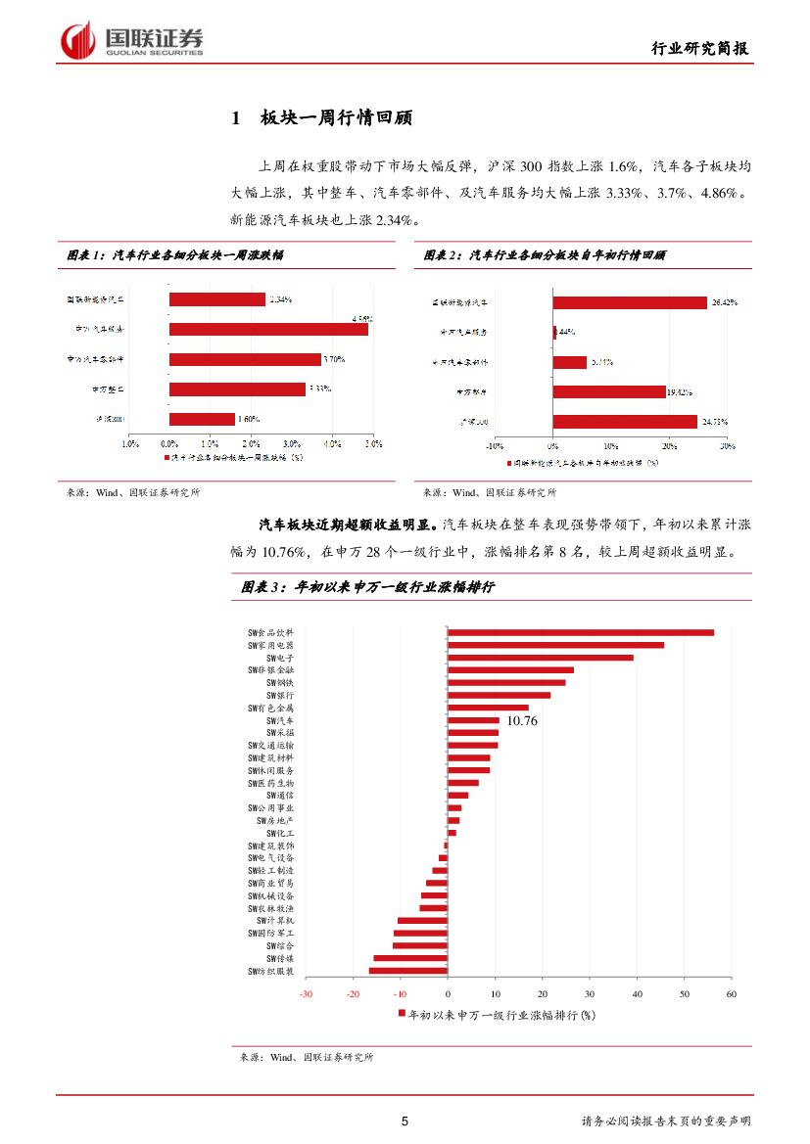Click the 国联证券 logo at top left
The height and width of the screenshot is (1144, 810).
(x=131, y=41)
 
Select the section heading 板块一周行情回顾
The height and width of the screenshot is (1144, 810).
(x=336, y=118)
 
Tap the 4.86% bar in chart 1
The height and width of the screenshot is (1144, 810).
(x=268, y=329)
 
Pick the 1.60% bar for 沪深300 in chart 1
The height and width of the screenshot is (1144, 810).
(x=202, y=419)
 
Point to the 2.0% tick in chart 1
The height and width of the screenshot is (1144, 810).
(x=251, y=443)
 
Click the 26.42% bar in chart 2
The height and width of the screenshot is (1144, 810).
(x=630, y=303)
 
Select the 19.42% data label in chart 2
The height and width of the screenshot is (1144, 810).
(x=679, y=392)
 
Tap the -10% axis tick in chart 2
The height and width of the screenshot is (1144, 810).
(x=495, y=445)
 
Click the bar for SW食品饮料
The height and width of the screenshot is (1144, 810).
(x=581, y=632)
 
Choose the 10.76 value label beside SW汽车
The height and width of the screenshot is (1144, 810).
(x=521, y=721)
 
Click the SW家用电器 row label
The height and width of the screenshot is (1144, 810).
(x=270, y=645)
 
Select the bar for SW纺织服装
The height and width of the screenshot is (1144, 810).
(x=408, y=971)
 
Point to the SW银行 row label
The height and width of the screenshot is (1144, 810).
(x=280, y=695)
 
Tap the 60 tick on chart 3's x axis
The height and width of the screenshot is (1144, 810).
(x=731, y=994)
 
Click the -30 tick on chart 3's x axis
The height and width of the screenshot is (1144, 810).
(x=306, y=994)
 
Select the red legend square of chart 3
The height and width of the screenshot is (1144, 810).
(x=402, y=1015)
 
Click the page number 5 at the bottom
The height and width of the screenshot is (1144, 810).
(x=405, y=1121)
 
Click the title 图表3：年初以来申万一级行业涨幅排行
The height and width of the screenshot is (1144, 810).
(x=368, y=587)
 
